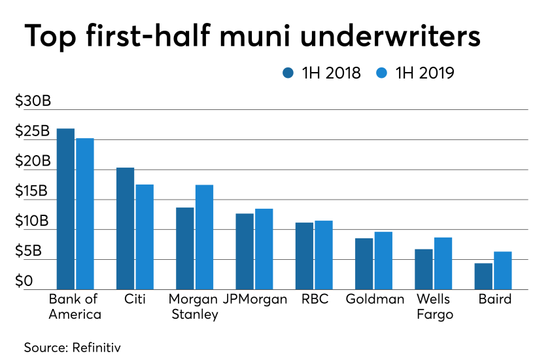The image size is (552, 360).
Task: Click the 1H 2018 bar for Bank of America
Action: point(65,209)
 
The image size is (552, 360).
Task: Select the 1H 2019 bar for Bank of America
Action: point(85,214)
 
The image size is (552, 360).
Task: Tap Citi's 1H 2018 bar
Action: point(126,228)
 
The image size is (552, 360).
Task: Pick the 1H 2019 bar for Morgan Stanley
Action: point(204,237)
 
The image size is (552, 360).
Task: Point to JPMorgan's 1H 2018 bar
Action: point(245,251)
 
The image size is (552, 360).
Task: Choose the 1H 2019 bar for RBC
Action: point(324,255)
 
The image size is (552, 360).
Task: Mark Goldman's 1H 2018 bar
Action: point(364,264)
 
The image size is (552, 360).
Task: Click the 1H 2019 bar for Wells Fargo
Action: point(443,264)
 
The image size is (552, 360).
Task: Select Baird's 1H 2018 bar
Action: point(483,276)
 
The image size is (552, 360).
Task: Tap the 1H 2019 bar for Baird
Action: point(503,270)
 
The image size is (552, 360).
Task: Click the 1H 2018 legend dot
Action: point(288,73)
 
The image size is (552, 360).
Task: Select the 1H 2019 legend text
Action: point(424,73)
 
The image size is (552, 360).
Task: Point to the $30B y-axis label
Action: point(33,101)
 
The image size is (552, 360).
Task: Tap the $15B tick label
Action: point(31,190)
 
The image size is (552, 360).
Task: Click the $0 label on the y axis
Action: point(24,281)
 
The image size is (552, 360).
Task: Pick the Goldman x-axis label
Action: point(375,299)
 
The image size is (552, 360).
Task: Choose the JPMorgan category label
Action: point(255,299)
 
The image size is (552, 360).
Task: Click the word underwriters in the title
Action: point(390,35)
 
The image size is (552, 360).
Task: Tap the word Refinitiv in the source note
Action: point(96,348)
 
